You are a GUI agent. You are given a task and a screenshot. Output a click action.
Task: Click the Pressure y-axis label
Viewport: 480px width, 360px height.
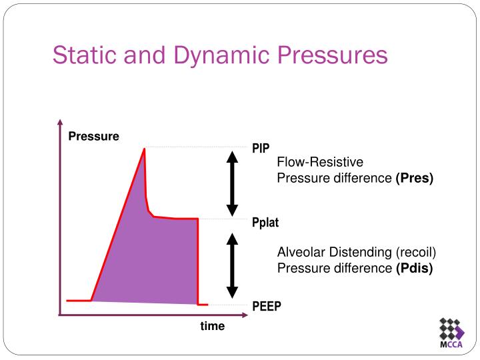pyautogui.click(x=93, y=137)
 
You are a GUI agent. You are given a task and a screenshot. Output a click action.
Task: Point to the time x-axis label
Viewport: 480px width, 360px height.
pyautogui.click(x=213, y=326)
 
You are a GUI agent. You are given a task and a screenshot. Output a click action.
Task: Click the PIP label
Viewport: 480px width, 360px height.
pyautogui.click(x=261, y=148)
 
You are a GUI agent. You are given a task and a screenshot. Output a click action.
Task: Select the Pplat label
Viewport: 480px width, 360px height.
pyautogui.click(x=265, y=223)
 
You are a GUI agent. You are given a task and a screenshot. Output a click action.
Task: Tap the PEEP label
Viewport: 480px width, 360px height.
pyautogui.click(x=267, y=306)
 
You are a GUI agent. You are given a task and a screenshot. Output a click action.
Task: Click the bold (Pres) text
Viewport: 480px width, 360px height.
pyautogui.click(x=414, y=179)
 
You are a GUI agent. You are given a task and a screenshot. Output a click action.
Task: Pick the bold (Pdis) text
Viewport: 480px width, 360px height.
pyautogui.click(x=414, y=268)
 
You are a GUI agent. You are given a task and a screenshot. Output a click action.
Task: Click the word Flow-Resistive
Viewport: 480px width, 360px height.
pyautogui.click(x=320, y=162)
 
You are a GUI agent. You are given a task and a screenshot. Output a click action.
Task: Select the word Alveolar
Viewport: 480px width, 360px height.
pyautogui.click(x=301, y=252)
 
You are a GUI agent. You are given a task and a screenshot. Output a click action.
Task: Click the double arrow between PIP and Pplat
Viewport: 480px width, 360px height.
pyautogui.click(x=232, y=183)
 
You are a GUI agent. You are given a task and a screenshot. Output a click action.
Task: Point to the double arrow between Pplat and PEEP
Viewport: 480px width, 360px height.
pyautogui.click(x=232, y=265)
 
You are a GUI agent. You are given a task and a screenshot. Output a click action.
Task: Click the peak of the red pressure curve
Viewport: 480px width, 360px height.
pyautogui.click(x=144, y=149)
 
